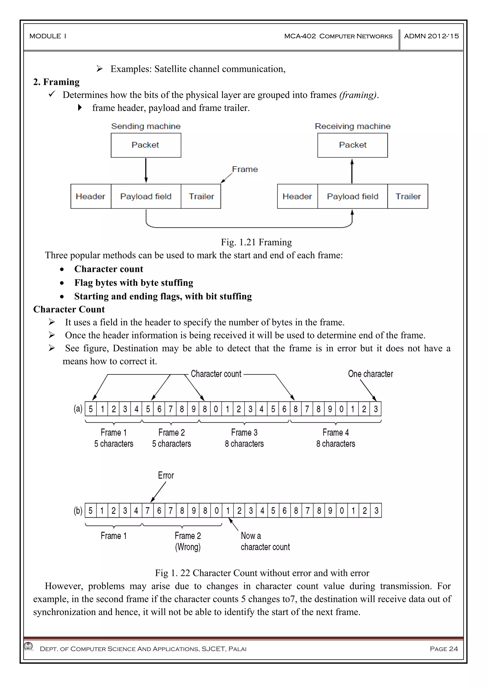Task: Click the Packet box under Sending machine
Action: click(146, 145)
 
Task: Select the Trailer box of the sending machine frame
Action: click(201, 196)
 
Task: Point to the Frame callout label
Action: click(245, 169)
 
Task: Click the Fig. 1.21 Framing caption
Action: click(256, 242)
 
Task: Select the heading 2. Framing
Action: click(56, 82)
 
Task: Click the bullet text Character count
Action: click(109, 269)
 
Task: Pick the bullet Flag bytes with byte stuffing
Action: click(134, 283)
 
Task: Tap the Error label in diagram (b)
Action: click(166, 475)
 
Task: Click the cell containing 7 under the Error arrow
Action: click(147, 510)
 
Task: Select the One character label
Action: click(370, 374)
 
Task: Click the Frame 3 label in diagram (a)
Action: click(244, 432)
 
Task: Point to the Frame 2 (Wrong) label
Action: click(188, 541)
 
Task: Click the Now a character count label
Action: click(265, 541)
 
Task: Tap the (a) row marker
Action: click(78, 409)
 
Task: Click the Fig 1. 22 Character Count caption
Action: click(262, 573)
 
